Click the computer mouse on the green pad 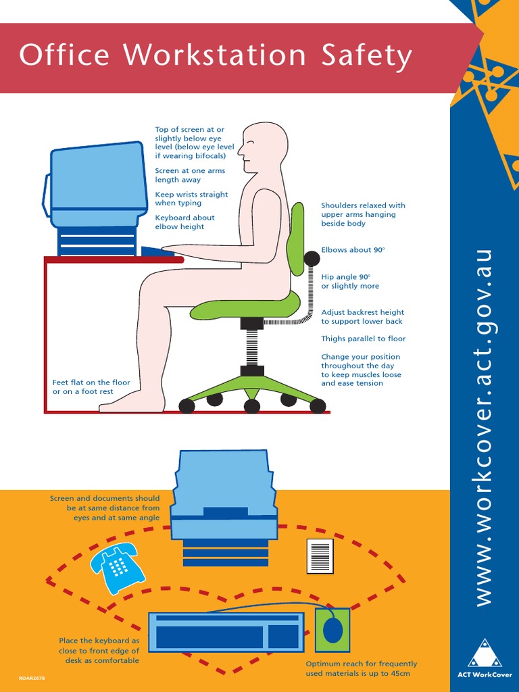[x=333, y=630]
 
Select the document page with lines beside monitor [x=320, y=556]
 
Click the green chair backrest [x=295, y=239]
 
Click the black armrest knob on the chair [x=312, y=258]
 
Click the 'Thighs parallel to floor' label [x=363, y=339]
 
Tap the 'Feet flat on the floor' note [x=91, y=387]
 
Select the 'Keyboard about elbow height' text [x=184, y=222]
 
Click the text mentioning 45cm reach [x=361, y=668]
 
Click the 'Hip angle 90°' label [x=350, y=281]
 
